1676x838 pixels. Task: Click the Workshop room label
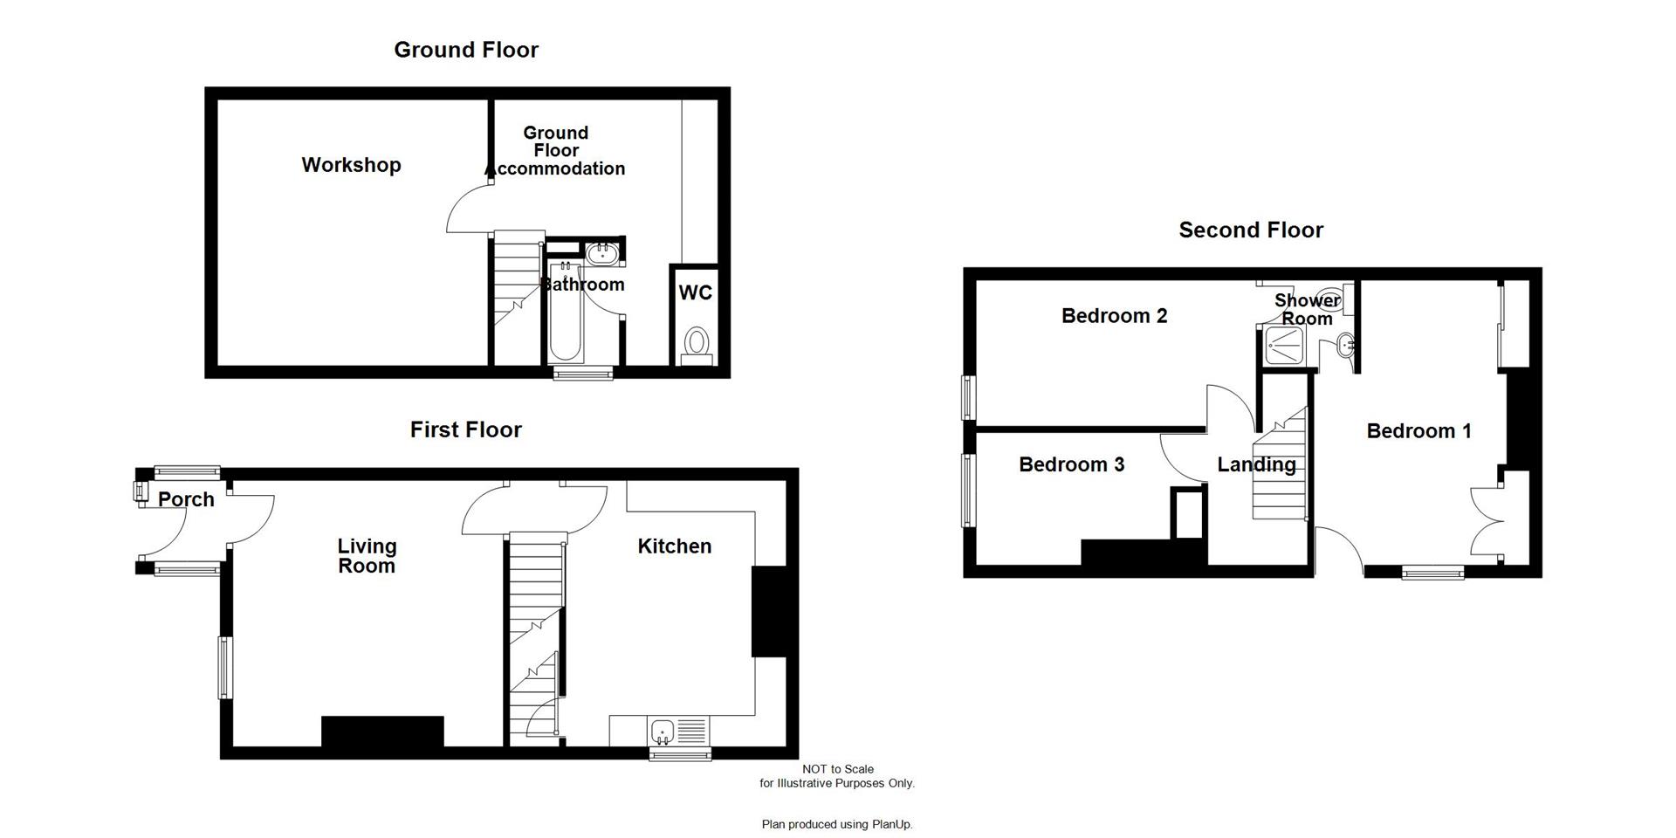coord(351,165)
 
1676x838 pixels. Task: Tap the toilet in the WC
coord(697,341)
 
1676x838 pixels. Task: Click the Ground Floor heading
coord(465,50)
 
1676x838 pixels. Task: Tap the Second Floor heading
coord(1250,230)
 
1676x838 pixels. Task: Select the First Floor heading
coord(465,429)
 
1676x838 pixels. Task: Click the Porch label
coord(186,499)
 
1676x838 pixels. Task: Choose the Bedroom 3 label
coord(1071,464)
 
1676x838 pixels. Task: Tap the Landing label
coord(1256,464)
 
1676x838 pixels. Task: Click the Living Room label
coord(367,556)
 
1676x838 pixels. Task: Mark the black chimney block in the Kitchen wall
coord(770,611)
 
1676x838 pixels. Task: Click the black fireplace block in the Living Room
coord(382,732)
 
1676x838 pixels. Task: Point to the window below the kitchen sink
coord(680,753)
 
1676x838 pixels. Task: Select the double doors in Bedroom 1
coord(1486,521)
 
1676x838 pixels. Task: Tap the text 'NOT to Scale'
coord(837,769)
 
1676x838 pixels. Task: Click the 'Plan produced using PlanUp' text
coord(836,824)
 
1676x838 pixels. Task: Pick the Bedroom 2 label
coord(1114,316)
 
